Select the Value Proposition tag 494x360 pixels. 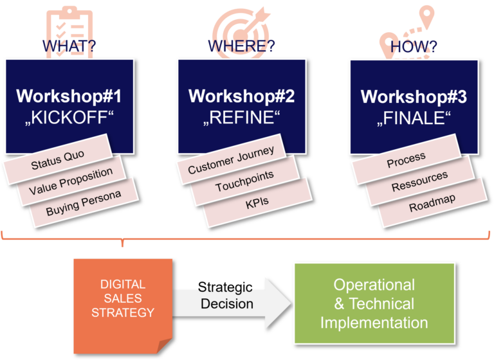pyautogui.click(x=71, y=183)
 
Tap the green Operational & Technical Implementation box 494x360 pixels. pyautogui.click(x=374, y=303)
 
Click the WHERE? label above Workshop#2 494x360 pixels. pyautogui.click(x=241, y=47)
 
